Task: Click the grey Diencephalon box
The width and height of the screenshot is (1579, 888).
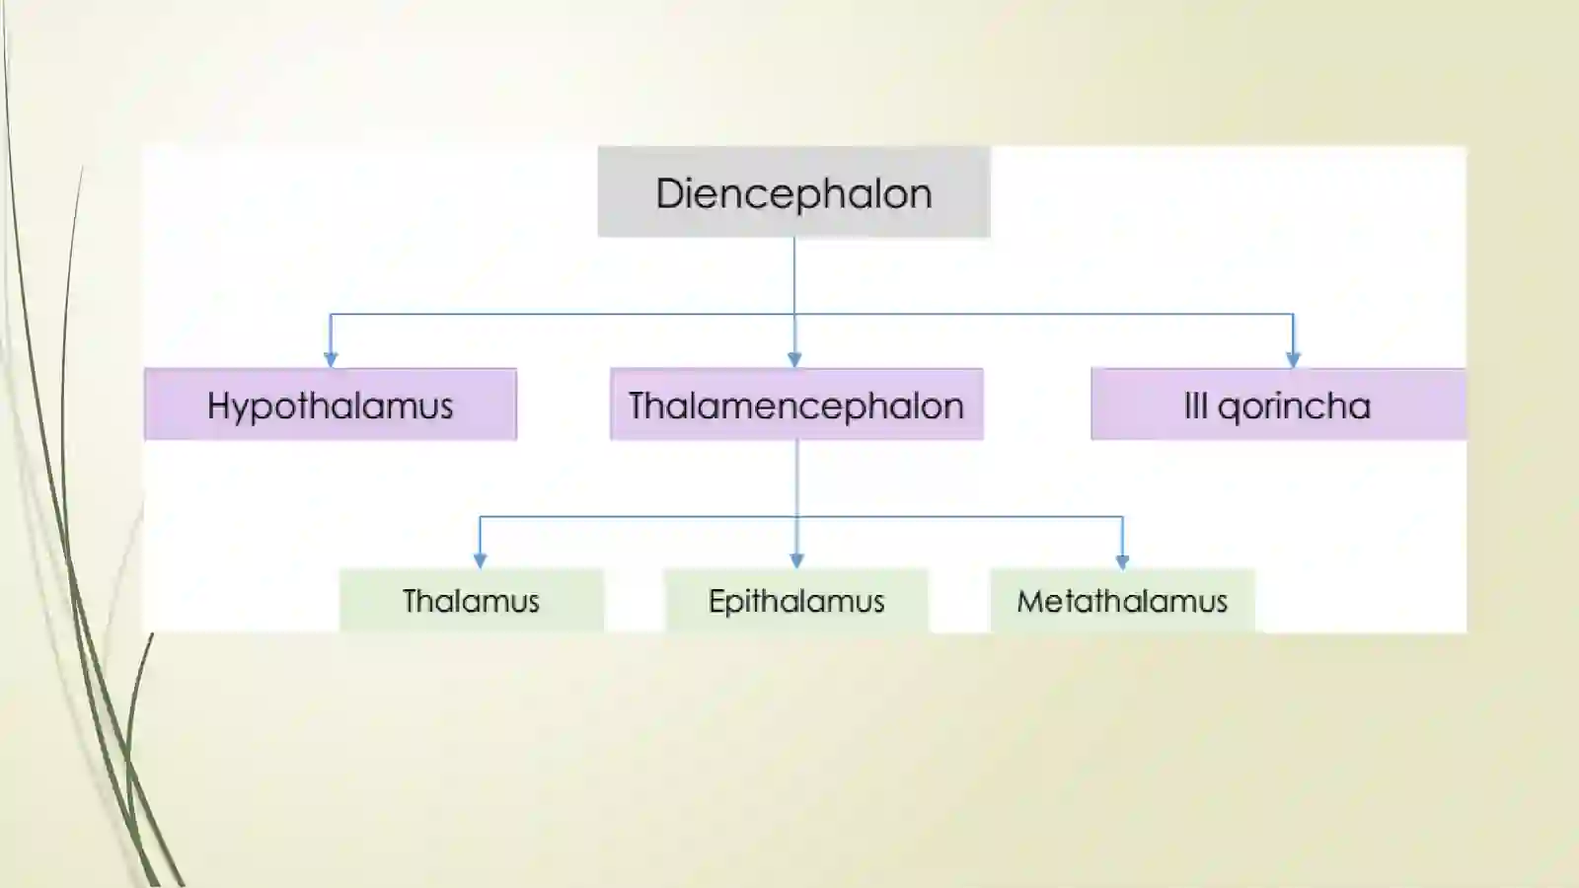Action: click(x=793, y=191)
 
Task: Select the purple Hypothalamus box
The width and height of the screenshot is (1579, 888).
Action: click(x=331, y=405)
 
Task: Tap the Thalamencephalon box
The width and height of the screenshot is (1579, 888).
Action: click(x=796, y=405)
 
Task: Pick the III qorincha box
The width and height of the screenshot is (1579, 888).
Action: click(x=1278, y=405)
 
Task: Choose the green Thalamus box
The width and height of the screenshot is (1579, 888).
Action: click(x=472, y=600)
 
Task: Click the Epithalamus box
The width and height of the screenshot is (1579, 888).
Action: click(x=796, y=600)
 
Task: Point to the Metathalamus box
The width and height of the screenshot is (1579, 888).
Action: click(x=1122, y=600)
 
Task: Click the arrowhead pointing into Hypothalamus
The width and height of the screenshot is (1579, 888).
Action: click(x=331, y=359)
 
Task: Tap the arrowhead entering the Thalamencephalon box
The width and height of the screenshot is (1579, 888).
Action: click(x=794, y=359)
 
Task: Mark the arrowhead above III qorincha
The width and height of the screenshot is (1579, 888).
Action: click(x=1293, y=359)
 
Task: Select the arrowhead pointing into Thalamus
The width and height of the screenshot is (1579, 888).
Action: click(x=480, y=560)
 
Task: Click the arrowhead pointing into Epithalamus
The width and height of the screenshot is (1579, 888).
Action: click(x=796, y=560)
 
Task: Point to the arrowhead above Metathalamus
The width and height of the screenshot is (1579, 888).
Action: click(x=1122, y=560)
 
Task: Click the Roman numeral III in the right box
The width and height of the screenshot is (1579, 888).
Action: click(x=1195, y=406)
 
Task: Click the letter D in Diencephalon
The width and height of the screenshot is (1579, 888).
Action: click(x=670, y=193)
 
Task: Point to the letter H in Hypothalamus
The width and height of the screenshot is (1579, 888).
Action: click(x=220, y=406)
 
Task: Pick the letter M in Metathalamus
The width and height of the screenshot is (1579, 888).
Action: click(x=1032, y=601)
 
